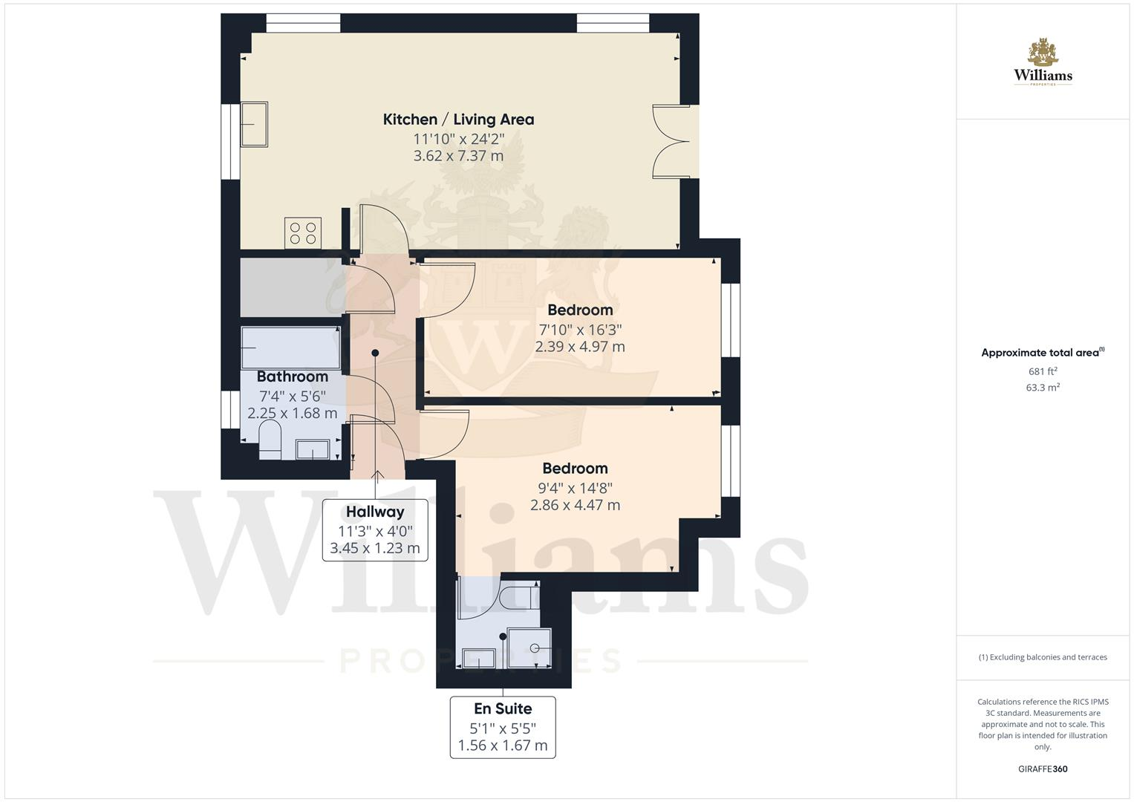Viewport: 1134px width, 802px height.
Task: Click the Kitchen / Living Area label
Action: [458, 120]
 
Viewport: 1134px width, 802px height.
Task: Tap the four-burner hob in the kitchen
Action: [303, 233]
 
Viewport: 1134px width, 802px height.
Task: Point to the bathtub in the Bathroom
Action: [290, 348]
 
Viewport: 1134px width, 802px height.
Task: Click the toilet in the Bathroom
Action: [270, 440]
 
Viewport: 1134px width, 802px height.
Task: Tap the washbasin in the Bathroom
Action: [313, 449]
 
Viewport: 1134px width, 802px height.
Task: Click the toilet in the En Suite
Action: [517, 596]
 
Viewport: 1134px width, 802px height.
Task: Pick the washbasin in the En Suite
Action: [478, 658]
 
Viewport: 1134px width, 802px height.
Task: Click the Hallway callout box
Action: [375, 530]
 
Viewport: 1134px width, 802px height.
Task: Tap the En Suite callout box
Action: [503, 727]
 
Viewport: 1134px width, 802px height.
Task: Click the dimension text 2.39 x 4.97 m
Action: [580, 347]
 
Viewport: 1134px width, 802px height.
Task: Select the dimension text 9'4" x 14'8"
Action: [575, 488]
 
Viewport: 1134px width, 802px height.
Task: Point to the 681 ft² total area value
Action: [1043, 371]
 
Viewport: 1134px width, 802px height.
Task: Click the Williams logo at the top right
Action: [1043, 63]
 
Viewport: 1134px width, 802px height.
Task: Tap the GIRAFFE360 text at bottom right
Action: [1043, 769]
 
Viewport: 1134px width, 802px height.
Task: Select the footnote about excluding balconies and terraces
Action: [1043, 657]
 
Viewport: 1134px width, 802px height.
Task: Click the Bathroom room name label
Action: [292, 376]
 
